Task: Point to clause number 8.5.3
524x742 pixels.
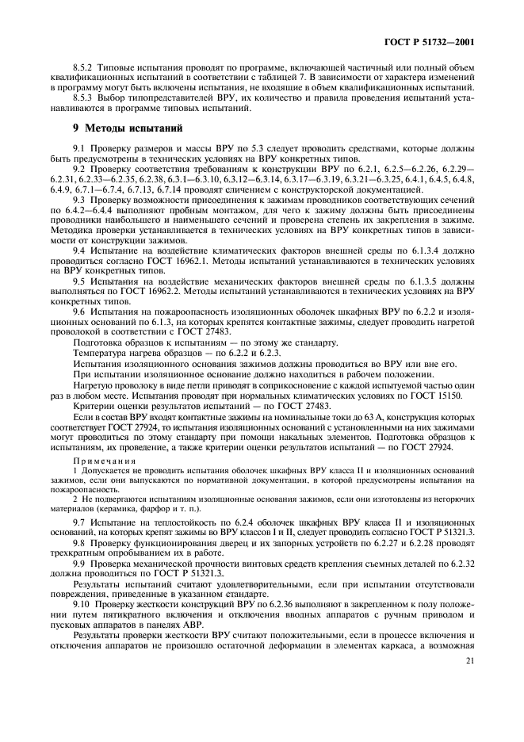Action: coord(82,98)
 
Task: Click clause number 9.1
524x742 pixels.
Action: coord(79,148)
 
